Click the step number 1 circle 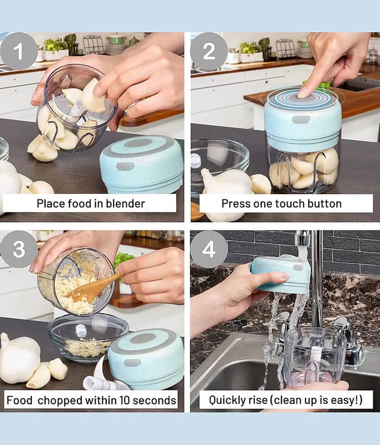tap(19, 51)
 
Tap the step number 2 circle tap(209, 51)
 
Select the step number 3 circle tap(19, 249)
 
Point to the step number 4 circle tap(209, 249)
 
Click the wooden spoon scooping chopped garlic tap(92, 288)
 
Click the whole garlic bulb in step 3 tap(19, 358)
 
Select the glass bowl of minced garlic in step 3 tap(88, 338)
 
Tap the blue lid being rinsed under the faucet tap(280, 274)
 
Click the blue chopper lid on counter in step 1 tap(141, 164)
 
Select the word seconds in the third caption tap(154, 400)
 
